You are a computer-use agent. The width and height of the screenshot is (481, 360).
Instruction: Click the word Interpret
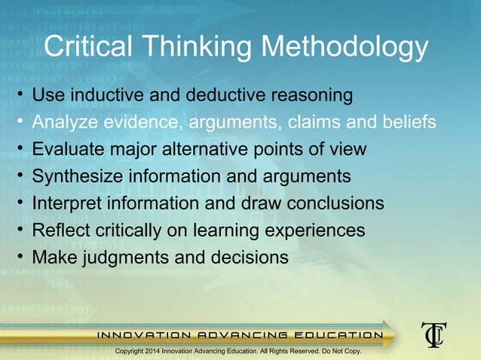click(68, 203)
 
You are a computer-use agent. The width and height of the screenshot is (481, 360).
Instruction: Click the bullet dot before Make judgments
click(21, 257)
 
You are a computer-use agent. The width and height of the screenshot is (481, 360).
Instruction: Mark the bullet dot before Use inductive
click(21, 95)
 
